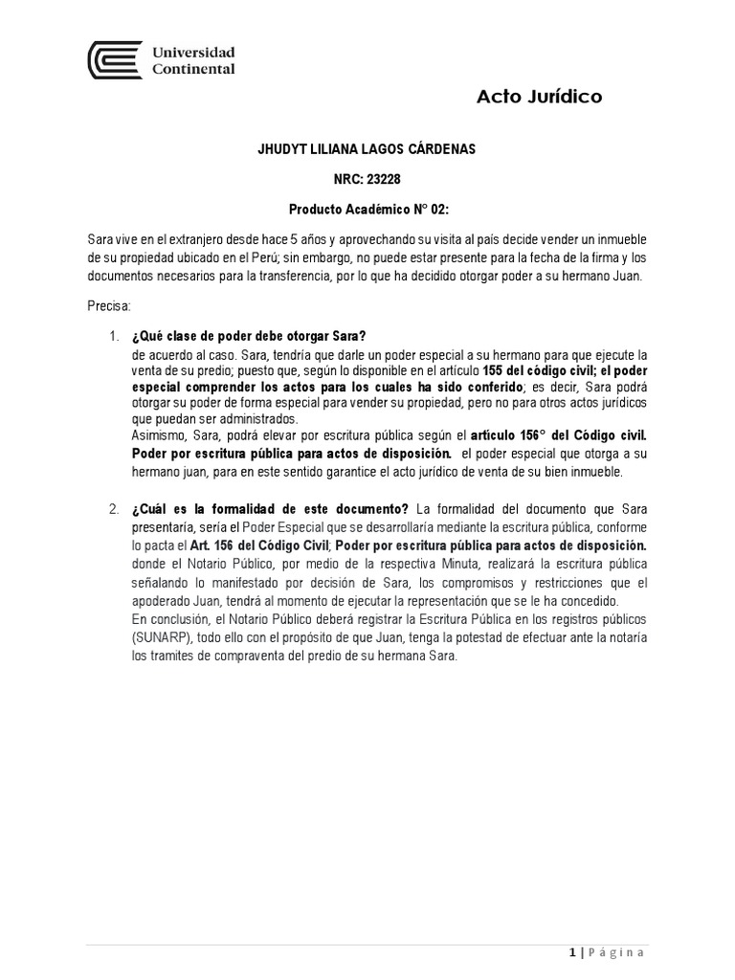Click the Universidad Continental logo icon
point(115,60)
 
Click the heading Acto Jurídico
point(539,97)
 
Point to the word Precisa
point(108,305)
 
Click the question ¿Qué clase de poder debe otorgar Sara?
point(249,335)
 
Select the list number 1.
point(113,335)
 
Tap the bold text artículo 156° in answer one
point(508,436)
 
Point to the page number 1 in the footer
point(570,953)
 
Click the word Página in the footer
point(615,953)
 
